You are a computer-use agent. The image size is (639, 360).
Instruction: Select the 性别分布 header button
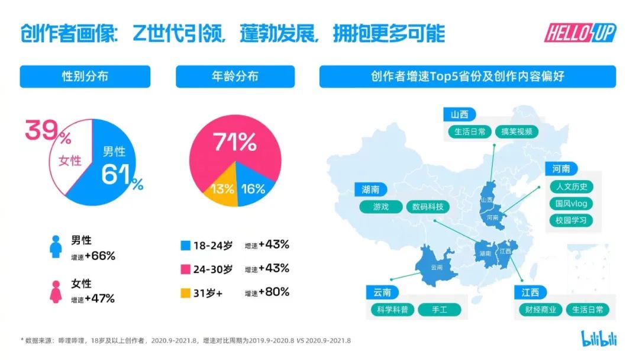[x=85, y=76]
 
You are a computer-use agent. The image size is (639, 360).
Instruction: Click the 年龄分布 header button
[x=235, y=76]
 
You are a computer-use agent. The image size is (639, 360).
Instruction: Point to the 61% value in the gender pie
[x=121, y=175]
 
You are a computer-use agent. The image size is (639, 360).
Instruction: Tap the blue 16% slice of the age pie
[x=253, y=189]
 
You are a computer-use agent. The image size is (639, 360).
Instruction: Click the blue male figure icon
[x=56, y=246]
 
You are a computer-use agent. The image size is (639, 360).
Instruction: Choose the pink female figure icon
[x=56, y=291]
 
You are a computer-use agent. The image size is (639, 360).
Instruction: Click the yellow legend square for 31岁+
[x=185, y=292]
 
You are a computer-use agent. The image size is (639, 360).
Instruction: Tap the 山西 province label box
[x=460, y=114]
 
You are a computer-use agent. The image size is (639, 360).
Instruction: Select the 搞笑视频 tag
[x=516, y=131]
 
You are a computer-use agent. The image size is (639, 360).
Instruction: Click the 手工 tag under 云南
[x=438, y=310]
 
